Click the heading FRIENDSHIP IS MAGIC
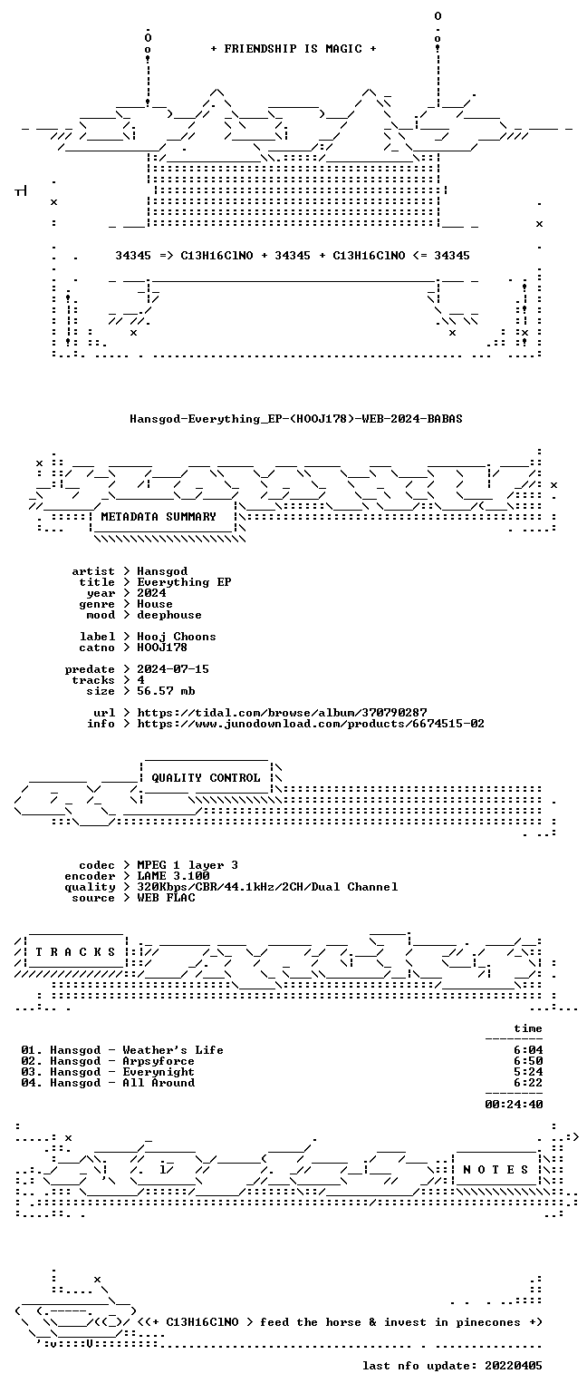point(293,48)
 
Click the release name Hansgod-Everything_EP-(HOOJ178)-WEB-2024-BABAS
point(295,418)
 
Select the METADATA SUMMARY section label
point(159,516)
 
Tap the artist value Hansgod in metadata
point(162,571)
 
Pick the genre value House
point(155,604)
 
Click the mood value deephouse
point(169,615)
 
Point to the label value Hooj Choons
point(177,637)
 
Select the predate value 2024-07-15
point(173,669)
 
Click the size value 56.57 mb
point(166,691)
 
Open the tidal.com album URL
point(282,713)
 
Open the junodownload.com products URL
point(311,724)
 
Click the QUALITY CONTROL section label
point(206,778)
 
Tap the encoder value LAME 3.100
point(173,876)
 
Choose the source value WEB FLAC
point(166,898)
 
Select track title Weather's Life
point(173,1050)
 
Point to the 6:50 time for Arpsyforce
point(528,1061)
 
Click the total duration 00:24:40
point(514,1105)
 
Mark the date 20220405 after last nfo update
point(514,1366)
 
